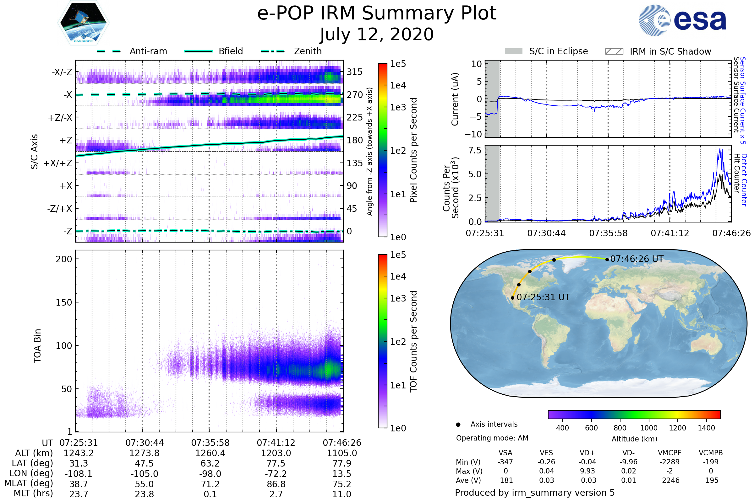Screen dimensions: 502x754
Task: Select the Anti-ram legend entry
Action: coord(148,51)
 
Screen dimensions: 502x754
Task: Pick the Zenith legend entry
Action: coord(308,51)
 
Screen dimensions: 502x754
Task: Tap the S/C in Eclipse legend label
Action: coord(558,51)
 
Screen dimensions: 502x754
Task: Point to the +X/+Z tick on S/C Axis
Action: coord(58,163)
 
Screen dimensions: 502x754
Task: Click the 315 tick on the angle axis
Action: coord(355,72)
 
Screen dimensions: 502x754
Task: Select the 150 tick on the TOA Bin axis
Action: coord(64,302)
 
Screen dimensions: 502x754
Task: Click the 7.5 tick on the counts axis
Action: coord(475,150)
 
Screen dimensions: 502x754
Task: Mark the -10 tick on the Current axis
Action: coord(473,134)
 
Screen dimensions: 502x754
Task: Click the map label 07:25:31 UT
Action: coord(543,297)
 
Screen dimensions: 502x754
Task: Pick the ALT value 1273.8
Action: coord(144,453)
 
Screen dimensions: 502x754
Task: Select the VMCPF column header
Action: coord(669,453)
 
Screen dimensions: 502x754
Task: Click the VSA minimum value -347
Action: coord(505,462)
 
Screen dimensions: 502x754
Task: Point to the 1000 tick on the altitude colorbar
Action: coord(649,428)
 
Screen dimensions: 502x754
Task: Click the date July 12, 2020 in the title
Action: coord(377,34)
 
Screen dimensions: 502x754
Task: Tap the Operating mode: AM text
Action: coord(492,438)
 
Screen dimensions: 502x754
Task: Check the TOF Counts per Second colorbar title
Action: coord(413,341)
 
